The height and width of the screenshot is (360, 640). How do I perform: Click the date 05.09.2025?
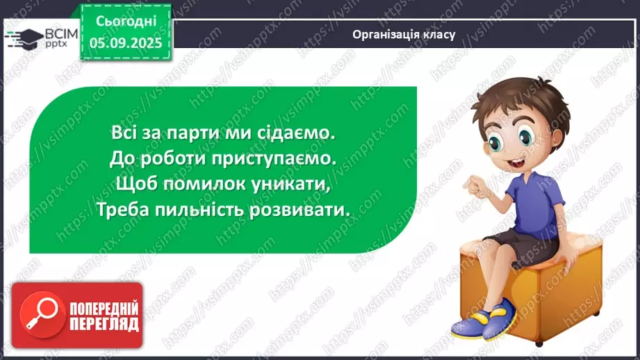coord(125,42)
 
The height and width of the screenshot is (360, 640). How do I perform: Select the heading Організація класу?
coord(403,34)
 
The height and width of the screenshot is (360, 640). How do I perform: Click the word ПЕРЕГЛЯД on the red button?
coord(104,324)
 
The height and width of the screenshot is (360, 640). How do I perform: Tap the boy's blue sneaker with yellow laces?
coord(486,321)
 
